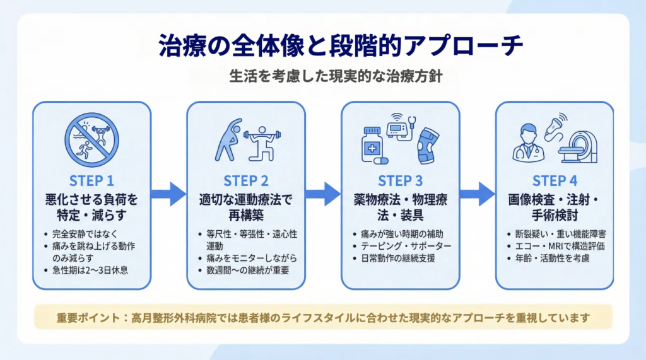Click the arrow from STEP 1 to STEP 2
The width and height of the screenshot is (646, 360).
click(169, 194)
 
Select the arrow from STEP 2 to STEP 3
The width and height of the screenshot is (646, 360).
click(324, 194)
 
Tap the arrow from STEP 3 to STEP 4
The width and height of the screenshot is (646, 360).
click(478, 194)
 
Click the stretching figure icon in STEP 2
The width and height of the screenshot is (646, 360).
click(228, 139)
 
